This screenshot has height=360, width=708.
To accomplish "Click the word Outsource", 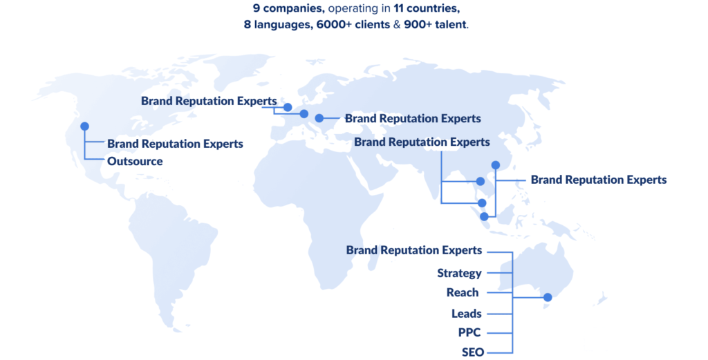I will click(x=135, y=162).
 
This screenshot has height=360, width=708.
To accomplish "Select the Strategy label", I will click(x=459, y=273).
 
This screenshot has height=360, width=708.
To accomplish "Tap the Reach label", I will click(x=463, y=293).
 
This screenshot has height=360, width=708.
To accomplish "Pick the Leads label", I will click(x=467, y=314).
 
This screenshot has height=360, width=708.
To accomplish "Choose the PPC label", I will click(x=469, y=332).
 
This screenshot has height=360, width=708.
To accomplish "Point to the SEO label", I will click(x=473, y=352).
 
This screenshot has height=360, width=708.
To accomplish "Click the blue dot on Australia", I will click(x=548, y=298).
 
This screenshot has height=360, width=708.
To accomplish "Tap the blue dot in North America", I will click(x=84, y=126).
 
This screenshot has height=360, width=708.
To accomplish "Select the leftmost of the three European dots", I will click(x=288, y=107).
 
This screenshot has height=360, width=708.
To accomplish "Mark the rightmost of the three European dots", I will click(x=319, y=118).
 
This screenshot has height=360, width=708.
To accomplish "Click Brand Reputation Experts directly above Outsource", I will click(x=175, y=144).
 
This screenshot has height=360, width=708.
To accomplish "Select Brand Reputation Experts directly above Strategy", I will click(x=414, y=250).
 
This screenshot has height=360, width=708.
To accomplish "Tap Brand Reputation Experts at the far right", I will click(x=598, y=180).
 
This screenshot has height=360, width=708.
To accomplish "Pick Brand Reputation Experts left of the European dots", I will click(x=209, y=101).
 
